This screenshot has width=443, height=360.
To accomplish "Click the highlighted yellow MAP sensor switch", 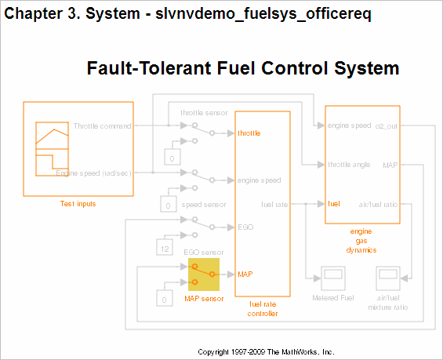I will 203,275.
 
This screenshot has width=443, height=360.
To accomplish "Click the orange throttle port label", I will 249,133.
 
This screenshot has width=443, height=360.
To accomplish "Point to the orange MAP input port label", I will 245,275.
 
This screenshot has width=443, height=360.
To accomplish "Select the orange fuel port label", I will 333,204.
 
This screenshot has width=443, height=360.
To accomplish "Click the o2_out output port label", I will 387,125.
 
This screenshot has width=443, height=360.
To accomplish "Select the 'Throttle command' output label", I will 103,125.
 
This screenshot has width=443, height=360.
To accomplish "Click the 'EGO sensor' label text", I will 203,252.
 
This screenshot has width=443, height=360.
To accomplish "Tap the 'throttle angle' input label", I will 349,165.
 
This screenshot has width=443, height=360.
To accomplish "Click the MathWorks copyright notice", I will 266,351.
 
